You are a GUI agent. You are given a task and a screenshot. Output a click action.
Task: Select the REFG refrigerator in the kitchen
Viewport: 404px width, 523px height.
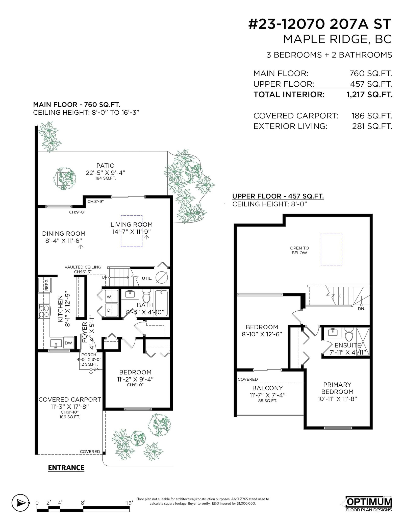(45, 285)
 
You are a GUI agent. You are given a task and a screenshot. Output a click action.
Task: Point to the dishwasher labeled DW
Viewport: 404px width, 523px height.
(68, 343)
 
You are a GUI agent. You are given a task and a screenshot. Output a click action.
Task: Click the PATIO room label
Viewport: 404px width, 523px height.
(106, 166)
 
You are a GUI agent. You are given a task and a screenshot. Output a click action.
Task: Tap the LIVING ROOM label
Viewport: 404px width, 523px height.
(132, 225)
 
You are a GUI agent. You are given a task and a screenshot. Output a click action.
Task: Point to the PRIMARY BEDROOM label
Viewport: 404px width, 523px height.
(337, 388)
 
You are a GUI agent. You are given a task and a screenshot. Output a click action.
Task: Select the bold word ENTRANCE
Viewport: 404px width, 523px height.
(66, 468)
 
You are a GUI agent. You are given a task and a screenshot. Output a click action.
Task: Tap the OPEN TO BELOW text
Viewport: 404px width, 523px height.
(299, 251)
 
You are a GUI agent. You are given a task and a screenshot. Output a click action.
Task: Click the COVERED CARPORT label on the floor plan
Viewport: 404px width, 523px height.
(70, 400)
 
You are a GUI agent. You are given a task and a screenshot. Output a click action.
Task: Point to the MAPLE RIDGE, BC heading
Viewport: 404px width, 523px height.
(337, 39)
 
